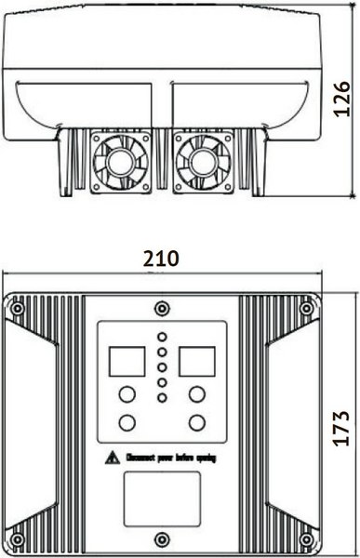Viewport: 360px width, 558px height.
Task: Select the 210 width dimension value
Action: click(162, 259)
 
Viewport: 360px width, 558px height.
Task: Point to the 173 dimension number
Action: click(341, 429)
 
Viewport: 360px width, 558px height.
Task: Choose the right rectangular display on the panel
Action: click(196, 359)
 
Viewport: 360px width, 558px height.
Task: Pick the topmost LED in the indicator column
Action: click(162, 337)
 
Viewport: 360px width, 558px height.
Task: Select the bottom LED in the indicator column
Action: click(162, 398)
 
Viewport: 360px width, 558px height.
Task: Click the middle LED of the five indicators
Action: click(162, 367)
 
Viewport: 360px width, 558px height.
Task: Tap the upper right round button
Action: click(196, 394)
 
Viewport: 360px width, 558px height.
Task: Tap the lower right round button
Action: click(196, 423)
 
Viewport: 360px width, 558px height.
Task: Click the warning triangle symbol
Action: click(112, 457)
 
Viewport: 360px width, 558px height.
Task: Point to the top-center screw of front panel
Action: click(162, 308)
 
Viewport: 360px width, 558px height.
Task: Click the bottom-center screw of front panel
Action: click(162, 538)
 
